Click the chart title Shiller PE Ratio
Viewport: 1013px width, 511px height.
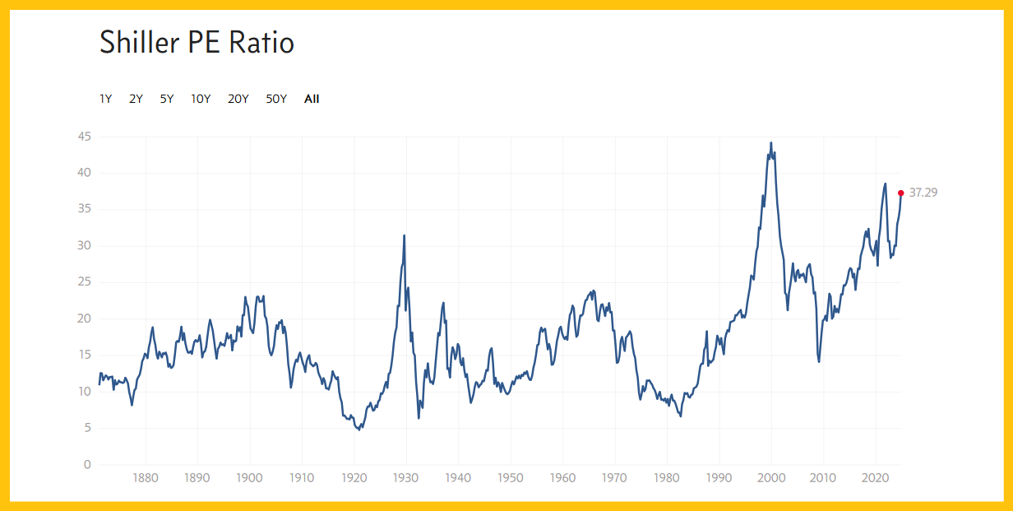click(x=197, y=43)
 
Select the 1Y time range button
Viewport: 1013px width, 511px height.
click(x=106, y=99)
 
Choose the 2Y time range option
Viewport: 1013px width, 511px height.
click(x=136, y=99)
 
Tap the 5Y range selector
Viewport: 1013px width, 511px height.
click(x=167, y=99)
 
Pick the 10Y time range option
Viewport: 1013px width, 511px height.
click(x=201, y=99)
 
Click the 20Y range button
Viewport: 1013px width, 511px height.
click(x=238, y=99)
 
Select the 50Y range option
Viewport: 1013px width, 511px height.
click(x=276, y=99)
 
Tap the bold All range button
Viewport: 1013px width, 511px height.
click(x=312, y=99)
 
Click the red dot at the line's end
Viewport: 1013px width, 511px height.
click(x=901, y=193)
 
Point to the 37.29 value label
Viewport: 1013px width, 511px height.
click(x=923, y=193)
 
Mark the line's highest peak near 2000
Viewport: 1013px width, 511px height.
click(x=770, y=142)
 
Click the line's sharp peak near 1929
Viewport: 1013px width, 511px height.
click(x=404, y=235)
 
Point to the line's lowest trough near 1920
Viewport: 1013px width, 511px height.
click(x=358, y=430)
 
